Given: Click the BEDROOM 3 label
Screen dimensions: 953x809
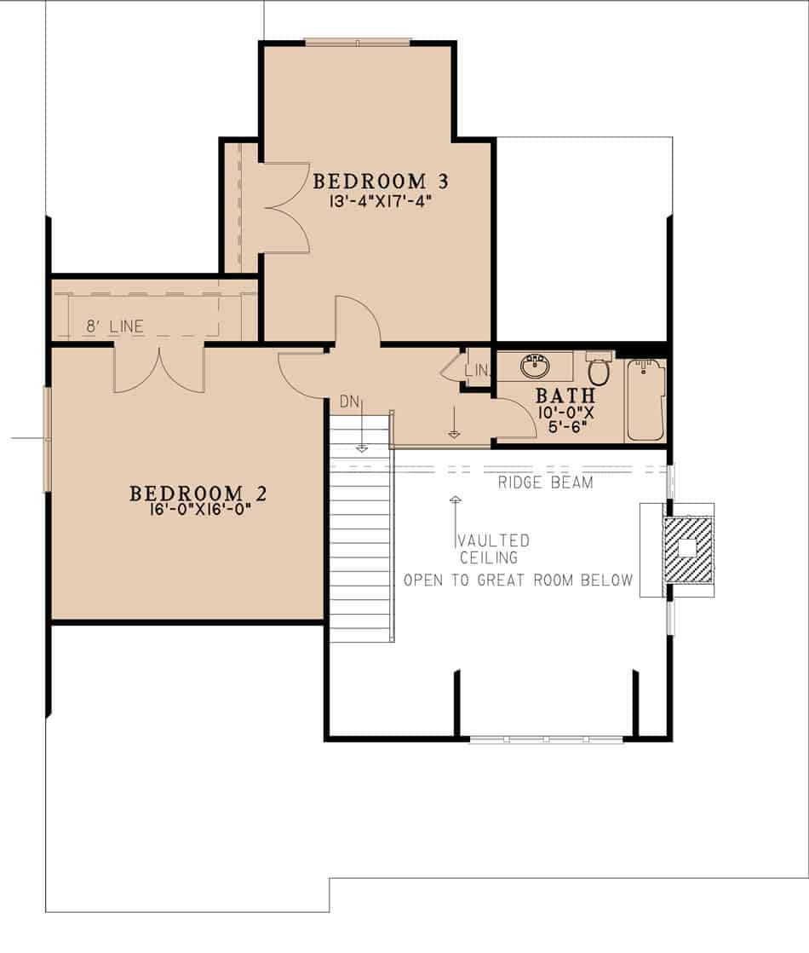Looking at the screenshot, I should coord(380,182).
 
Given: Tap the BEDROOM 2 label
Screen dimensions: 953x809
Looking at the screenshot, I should coord(198,494).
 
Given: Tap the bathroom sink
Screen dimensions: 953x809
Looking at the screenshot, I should coord(535,367).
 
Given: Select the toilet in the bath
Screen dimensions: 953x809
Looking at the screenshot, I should coord(599,370).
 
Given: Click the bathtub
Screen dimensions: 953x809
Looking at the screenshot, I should coord(646,401).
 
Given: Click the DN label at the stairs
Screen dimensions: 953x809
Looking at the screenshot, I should coord(349,401).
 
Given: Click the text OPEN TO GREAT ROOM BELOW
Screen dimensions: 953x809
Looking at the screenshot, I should coord(518,580).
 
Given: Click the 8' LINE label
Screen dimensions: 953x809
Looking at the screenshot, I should coord(115,326).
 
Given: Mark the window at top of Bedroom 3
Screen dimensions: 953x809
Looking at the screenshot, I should coord(358,41).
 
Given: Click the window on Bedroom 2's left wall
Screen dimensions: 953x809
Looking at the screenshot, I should coord(48,439).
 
